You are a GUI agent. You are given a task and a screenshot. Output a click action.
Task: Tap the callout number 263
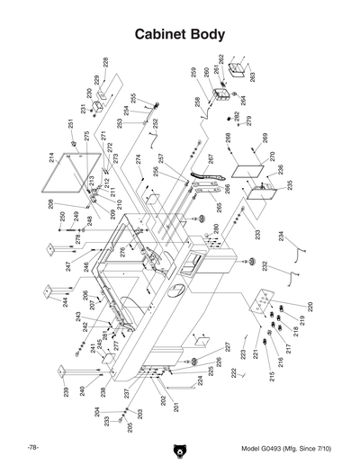[253, 77]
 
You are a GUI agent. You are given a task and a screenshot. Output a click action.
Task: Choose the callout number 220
[310, 306]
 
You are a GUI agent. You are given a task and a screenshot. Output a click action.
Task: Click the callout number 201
[176, 407]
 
